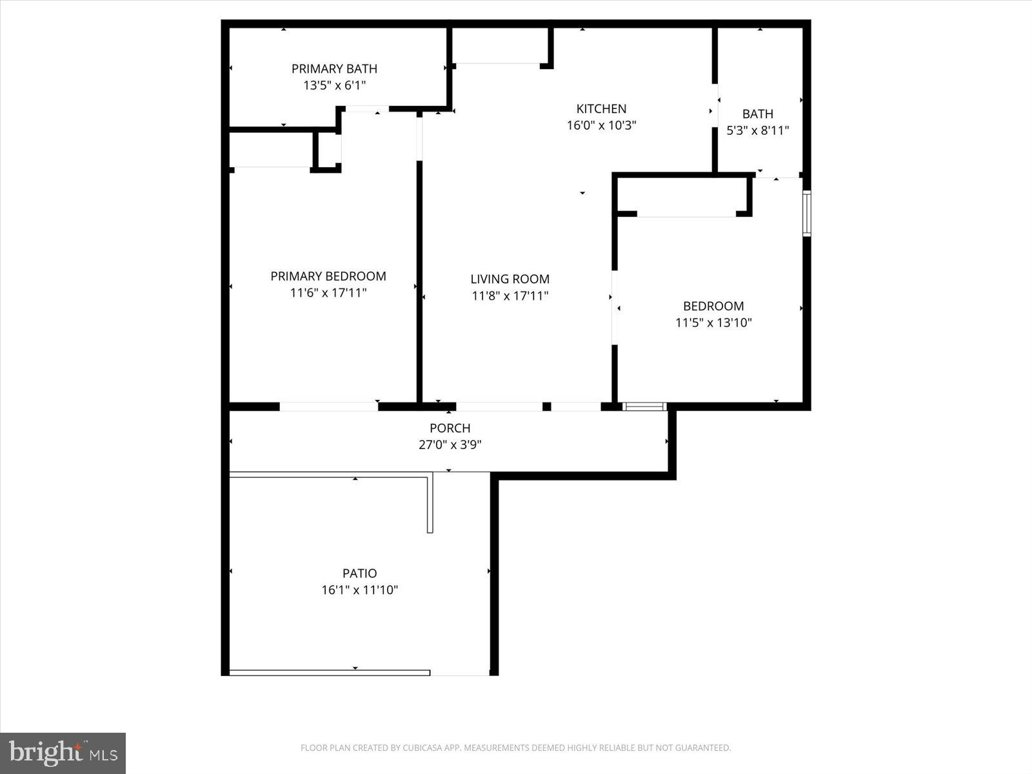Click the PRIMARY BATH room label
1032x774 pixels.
(334, 68)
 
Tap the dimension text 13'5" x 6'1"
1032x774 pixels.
(334, 85)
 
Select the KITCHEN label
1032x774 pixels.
(601, 108)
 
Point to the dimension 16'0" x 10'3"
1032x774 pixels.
(601, 125)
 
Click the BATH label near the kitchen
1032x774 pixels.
(757, 114)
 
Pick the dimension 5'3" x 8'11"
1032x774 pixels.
(757, 130)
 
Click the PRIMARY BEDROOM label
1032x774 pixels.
(328, 276)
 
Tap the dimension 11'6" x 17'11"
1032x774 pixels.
(328, 293)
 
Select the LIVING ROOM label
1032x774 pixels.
(510, 279)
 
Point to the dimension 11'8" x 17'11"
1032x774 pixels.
(510, 295)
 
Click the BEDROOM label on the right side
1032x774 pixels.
(713, 306)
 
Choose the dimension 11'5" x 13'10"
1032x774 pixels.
(713, 322)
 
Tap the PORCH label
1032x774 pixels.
(450, 428)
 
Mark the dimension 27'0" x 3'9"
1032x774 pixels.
(450, 444)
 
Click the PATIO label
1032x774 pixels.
(359, 573)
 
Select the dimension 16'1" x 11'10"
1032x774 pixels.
(359, 590)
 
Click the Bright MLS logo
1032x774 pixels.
(63, 753)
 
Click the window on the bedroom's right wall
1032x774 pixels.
(806, 213)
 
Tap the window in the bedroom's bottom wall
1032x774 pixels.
(644, 406)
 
